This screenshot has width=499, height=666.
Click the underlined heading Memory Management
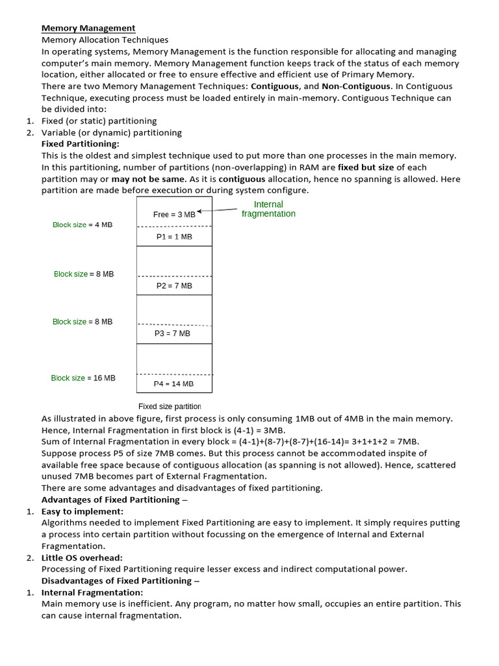click(x=88, y=28)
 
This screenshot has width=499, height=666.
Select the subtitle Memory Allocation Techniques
click(x=105, y=40)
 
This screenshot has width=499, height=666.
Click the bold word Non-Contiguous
click(x=356, y=86)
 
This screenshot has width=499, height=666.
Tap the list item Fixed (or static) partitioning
click(x=99, y=121)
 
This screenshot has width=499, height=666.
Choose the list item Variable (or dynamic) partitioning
click(x=111, y=133)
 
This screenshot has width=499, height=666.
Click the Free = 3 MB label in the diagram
click(x=173, y=215)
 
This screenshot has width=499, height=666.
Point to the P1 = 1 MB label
click(x=174, y=237)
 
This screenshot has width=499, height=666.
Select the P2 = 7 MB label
click(x=174, y=286)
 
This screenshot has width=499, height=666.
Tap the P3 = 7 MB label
click(x=172, y=333)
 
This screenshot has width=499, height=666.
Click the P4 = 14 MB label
click(x=173, y=384)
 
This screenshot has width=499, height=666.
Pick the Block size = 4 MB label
click(x=83, y=224)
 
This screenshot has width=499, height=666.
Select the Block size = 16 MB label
click(x=83, y=378)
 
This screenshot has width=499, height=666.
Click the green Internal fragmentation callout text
click(x=268, y=209)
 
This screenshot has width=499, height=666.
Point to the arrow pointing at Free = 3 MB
click(x=218, y=210)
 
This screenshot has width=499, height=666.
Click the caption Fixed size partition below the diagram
click(x=170, y=406)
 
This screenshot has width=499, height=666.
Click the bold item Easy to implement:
click(x=82, y=511)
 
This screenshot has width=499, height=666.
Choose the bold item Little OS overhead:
click(x=82, y=557)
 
